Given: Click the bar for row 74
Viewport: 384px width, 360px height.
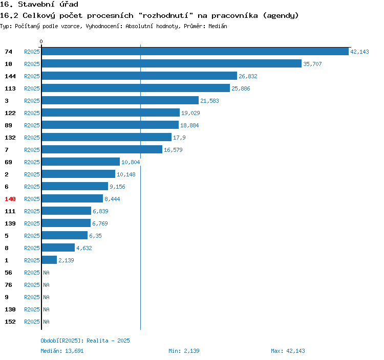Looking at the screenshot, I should (195, 52).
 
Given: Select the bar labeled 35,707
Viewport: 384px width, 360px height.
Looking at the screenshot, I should (172, 64).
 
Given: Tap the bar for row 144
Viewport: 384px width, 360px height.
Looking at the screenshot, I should (139, 76).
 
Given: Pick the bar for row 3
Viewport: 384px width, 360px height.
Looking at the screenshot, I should (120, 101).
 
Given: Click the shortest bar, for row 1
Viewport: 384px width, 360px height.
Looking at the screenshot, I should (49, 260).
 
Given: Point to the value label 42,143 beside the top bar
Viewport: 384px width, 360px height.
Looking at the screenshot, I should (359, 52).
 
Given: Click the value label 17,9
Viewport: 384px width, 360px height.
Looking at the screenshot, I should (179, 138).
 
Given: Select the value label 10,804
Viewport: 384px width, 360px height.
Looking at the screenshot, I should (131, 162).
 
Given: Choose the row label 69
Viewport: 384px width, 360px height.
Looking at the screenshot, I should (8, 162).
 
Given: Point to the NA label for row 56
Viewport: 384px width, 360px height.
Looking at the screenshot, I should (46, 273).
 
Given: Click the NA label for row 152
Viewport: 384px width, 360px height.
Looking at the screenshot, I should (46, 322).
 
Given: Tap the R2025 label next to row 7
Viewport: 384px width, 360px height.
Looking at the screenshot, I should (32, 150).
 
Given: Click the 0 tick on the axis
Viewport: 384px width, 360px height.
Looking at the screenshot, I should (41, 41).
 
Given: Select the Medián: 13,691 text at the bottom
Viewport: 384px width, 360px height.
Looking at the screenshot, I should (62, 351).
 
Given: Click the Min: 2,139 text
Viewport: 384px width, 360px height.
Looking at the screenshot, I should (184, 351).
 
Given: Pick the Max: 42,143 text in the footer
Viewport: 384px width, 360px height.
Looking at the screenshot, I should (288, 351).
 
